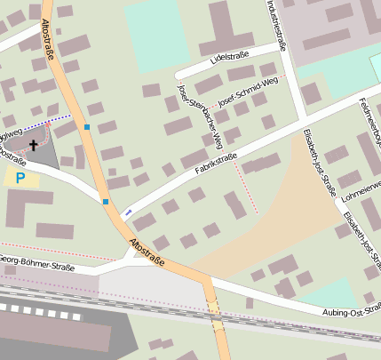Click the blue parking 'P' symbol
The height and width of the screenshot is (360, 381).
tap(20, 178)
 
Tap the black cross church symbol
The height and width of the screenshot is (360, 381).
tap(35, 145)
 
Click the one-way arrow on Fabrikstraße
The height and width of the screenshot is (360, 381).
tap(128, 212)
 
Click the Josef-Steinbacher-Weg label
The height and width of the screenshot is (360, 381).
tap(199, 116)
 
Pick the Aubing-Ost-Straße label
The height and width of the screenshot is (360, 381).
tap(352, 309)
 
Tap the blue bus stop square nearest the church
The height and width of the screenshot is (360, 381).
tap(87, 127)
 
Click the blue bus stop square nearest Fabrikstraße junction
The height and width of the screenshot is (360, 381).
tap(106, 202)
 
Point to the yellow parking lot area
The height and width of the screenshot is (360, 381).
tap(21, 178)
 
